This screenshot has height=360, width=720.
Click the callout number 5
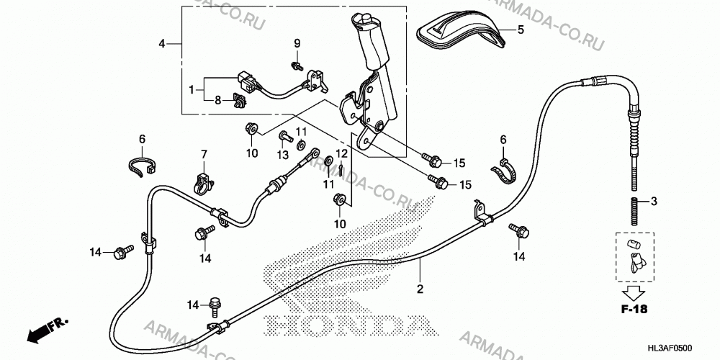pyautogui.click(x=521, y=30)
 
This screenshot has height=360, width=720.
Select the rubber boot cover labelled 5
pyautogui.click(x=462, y=30)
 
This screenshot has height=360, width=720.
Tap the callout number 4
pyautogui.click(x=161, y=44)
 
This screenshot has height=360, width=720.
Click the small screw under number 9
pyautogui.click(x=297, y=66)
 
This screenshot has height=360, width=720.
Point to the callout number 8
pyautogui.click(x=218, y=99)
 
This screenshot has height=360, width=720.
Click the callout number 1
pyautogui.click(x=192, y=89)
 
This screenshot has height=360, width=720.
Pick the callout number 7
pyautogui.click(x=204, y=154)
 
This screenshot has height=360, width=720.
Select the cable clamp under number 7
pyautogui.click(x=203, y=182)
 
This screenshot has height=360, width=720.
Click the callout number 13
pyautogui.click(x=283, y=155)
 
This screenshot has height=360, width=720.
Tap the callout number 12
pyautogui.click(x=341, y=153)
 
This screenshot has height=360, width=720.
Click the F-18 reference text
pyautogui.click(x=634, y=309)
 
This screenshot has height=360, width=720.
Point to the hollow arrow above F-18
pyautogui.click(x=634, y=292)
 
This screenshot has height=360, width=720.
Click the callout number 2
pyautogui.click(x=420, y=289)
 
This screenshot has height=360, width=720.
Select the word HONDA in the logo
pyautogui.click(x=348, y=325)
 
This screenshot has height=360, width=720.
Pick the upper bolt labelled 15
pyautogui.click(x=433, y=161)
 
